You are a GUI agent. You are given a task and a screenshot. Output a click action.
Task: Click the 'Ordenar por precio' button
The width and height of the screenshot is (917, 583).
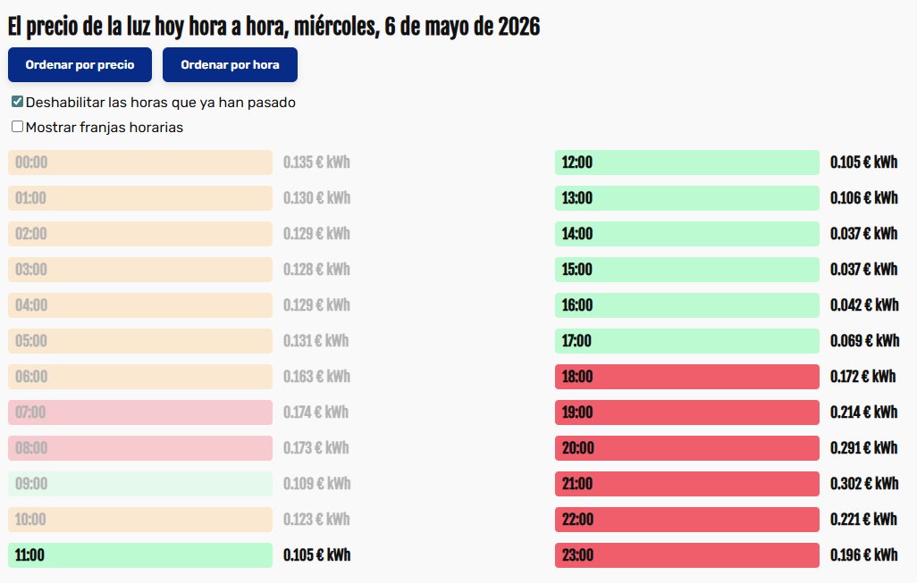coord(80,65)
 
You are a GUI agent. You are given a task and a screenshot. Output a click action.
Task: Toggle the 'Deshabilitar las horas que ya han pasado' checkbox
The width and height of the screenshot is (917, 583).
coord(18,102)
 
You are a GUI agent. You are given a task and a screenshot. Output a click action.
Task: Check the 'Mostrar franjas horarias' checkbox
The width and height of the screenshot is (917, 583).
coord(18,127)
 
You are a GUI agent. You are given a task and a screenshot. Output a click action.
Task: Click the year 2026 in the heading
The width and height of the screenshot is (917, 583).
coord(518,27)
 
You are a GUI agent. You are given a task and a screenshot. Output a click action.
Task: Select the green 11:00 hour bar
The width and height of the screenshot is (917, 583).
coord(140,555)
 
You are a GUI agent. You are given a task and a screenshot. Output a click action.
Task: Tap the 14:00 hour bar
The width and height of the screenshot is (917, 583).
coord(687,234)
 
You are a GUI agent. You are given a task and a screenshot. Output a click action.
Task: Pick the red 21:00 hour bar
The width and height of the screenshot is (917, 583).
coord(687,484)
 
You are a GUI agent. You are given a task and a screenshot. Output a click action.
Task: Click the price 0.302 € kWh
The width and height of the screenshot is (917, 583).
coord(864,484)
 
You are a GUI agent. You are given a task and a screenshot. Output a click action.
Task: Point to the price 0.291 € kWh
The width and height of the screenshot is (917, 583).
coord(863,448)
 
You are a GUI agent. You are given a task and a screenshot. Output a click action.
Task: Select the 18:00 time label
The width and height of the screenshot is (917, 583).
coord(577,377)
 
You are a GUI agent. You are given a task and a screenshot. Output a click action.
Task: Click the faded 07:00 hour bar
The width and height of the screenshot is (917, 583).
coord(140,412)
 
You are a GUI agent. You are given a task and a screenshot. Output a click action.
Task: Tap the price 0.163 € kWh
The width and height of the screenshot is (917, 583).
coord(316,377)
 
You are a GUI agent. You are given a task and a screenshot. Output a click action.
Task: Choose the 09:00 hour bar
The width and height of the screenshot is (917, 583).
coord(140,484)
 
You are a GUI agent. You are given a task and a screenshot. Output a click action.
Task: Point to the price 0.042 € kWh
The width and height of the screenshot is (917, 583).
coord(864,305)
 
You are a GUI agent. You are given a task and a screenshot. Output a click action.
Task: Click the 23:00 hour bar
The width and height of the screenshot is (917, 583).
coord(687,555)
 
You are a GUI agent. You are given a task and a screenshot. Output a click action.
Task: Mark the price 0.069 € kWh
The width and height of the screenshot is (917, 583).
coord(865,340)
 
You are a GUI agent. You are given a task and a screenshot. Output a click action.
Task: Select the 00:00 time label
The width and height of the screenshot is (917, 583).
coord(31,162)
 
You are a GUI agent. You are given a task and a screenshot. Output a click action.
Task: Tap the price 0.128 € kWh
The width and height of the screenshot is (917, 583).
coord(316,270)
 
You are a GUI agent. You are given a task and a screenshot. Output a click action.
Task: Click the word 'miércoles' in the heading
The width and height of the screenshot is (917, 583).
coord(336,27)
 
